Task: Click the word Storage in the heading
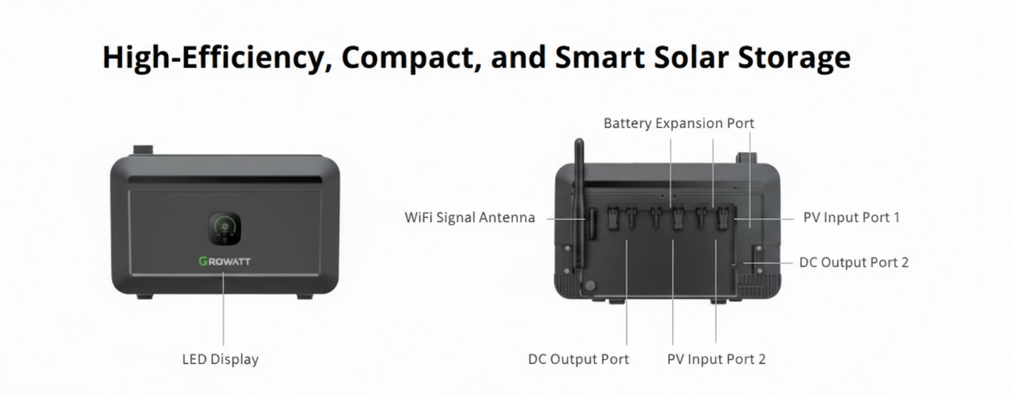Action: (x=794, y=57)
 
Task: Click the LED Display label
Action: (x=221, y=359)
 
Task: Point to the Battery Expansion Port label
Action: (x=679, y=123)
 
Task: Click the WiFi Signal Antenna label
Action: (x=470, y=218)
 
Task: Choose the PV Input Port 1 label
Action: (x=852, y=218)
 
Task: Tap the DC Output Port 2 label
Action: (x=854, y=263)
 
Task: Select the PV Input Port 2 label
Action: (x=716, y=359)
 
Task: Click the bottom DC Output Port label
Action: (x=578, y=359)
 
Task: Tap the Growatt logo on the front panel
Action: (x=225, y=261)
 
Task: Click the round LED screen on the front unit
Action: (x=225, y=228)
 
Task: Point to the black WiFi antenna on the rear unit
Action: (x=578, y=205)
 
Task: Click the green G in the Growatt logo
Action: (x=203, y=261)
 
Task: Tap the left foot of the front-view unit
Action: (x=144, y=297)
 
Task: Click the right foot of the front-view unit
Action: (x=305, y=297)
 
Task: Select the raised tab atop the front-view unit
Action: (x=143, y=150)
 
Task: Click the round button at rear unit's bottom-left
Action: (x=590, y=286)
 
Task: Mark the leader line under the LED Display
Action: (x=223, y=309)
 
